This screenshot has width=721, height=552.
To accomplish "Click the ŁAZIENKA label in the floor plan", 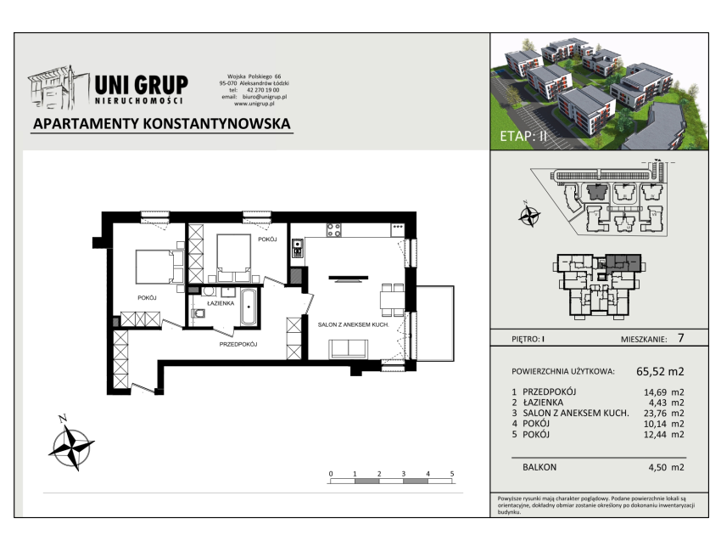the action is (221, 303).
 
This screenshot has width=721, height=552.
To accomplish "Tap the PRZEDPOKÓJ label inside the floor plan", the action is (238, 345).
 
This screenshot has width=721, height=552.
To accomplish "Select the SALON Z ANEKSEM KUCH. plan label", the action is (353, 324).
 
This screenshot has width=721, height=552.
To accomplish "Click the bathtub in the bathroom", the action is (249, 307).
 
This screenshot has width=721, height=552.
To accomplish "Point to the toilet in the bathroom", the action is (198, 313).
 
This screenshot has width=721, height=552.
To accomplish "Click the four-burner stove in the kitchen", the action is (334, 230).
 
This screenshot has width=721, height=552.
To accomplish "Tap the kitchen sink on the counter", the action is (297, 248).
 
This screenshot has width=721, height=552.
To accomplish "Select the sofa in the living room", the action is (348, 348).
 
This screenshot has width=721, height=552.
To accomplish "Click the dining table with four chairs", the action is (392, 300).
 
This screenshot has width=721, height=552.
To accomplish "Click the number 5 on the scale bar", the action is (452, 474).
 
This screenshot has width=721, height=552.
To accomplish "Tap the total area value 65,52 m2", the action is (660, 371).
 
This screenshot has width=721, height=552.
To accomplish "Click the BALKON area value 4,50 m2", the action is (666, 467).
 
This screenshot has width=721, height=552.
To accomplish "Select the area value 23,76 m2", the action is (663, 414).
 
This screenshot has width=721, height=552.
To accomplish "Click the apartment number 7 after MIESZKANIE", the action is (680, 338).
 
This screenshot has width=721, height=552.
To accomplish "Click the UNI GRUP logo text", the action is (141, 86).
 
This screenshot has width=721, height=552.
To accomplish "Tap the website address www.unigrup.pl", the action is (254, 104).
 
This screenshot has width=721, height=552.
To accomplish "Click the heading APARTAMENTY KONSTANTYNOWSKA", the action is (162, 124).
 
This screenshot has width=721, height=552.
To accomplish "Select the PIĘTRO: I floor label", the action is (528, 340).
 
